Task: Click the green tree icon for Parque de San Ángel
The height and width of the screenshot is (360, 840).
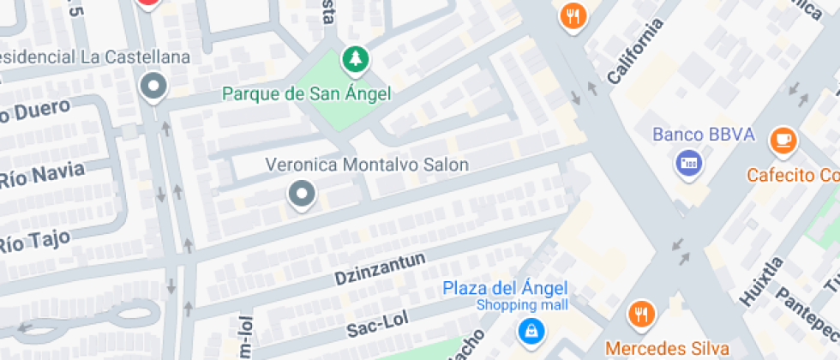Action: (353, 59)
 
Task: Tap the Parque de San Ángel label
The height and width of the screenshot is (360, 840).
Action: (307, 93)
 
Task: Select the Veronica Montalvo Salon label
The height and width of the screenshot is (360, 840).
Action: (367, 165)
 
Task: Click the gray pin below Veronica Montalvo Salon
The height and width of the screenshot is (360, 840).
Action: (301, 194)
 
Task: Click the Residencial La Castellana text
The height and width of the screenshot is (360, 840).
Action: (94, 57)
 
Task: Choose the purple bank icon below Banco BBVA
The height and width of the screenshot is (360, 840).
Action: (688, 161)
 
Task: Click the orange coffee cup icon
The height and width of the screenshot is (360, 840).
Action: (783, 140)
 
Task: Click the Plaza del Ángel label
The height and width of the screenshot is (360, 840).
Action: (505, 288)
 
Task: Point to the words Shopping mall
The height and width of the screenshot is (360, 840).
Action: (517, 306)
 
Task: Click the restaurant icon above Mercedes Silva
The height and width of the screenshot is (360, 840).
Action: (639, 314)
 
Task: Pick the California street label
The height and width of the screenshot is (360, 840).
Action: (635, 51)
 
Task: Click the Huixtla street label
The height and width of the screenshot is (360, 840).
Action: (761, 281)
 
